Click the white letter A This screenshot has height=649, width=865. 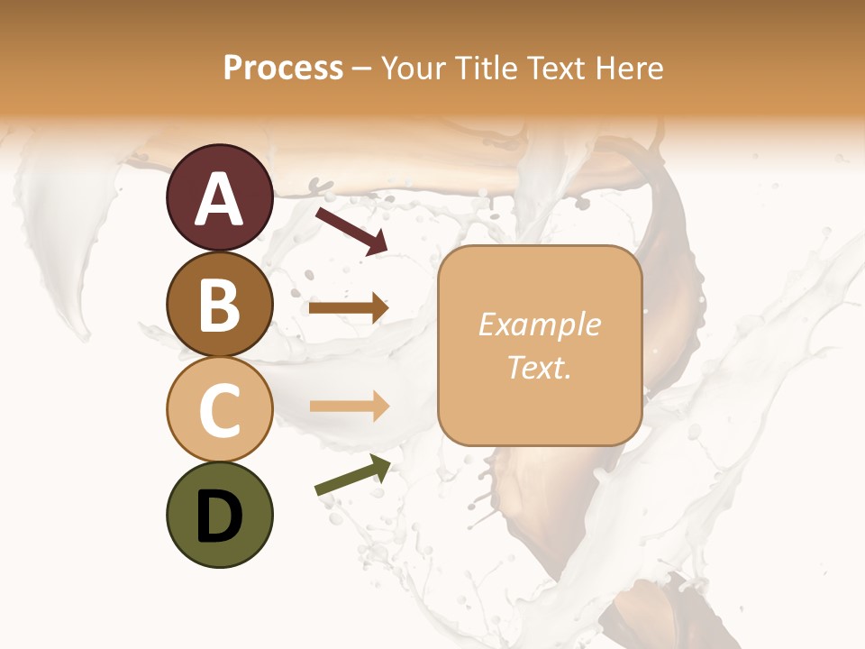pos(219,200)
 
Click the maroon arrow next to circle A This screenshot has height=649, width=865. pos(351,230)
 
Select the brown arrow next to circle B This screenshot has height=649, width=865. pos(349,308)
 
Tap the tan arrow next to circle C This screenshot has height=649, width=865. pos(349,407)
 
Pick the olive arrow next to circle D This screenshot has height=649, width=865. pos(352,475)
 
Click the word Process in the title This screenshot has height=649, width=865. pos(283,68)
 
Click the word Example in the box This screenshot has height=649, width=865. pos(539,324)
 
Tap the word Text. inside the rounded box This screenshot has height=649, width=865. pos(539,368)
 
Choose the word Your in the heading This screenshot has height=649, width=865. pos(414,68)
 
